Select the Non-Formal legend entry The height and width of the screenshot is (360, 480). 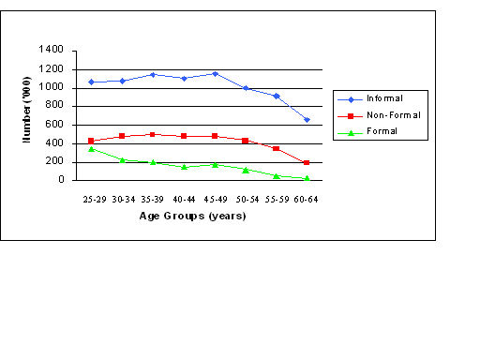coord(387,114)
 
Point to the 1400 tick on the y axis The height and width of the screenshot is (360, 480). coord(52,51)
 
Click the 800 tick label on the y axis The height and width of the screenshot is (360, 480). coord(55,106)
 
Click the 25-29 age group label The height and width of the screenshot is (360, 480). coord(93,199)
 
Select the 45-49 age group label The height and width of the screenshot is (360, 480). coord(216,199)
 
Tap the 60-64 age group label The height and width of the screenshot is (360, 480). coord(307,199)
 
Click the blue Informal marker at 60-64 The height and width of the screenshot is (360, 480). coord(307,119)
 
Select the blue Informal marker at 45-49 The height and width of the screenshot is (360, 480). coord(216,73)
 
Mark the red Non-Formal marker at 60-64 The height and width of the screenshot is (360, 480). coord(307,162)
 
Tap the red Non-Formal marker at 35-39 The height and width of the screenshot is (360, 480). coord(154,135)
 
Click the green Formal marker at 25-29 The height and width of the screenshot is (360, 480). coord(92,148)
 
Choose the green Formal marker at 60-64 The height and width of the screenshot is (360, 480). coord(307,178)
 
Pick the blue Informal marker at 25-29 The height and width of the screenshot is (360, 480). coord(92,82)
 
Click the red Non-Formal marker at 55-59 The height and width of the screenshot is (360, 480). coord(276,148)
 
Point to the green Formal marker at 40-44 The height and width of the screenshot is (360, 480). coord(185,167)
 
